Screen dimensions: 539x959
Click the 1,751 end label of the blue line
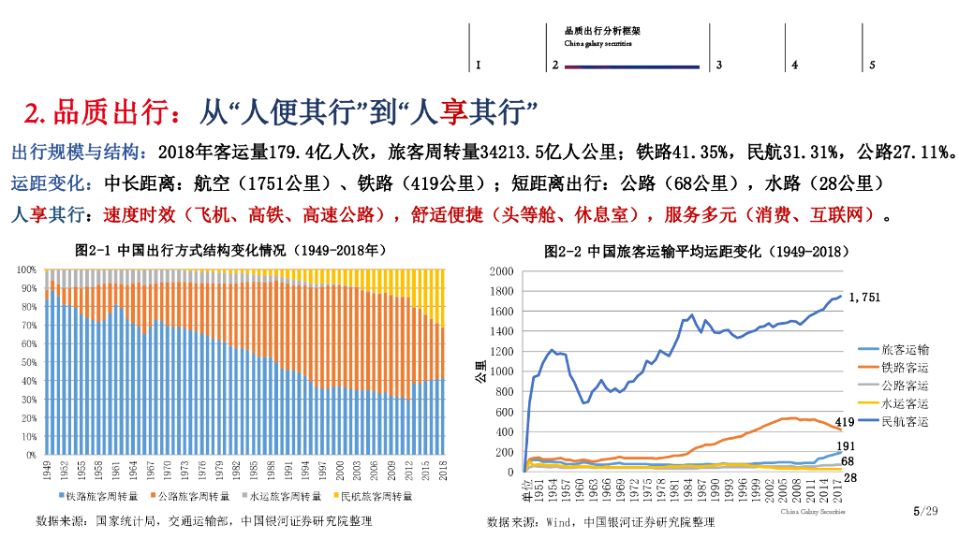pyautogui.click(x=865, y=297)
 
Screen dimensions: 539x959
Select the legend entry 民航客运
pyautogui.click(x=905, y=422)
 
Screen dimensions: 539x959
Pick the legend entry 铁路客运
pyautogui.click(x=905, y=367)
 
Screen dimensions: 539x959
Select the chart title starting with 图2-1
pyautogui.click(x=230, y=251)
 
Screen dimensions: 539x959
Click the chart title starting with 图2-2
pyautogui.click(x=697, y=252)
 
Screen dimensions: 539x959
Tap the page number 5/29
pyautogui.click(x=924, y=511)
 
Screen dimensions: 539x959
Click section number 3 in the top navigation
pyautogui.click(x=718, y=66)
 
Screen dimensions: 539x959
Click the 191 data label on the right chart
pyautogui.click(x=845, y=447)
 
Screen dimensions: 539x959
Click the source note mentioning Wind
pyautogui.click(x=600, y=522)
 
